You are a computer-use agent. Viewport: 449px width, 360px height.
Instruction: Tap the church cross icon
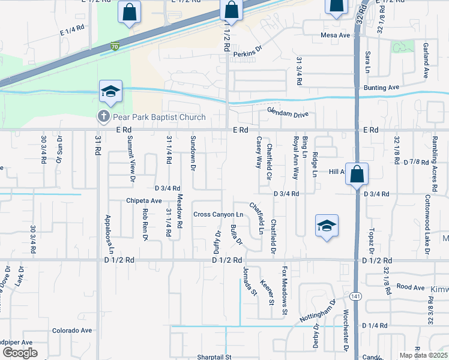coord(103,116)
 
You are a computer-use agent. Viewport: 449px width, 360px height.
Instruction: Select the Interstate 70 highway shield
coord(115,46)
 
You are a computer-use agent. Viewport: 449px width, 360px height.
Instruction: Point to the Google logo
coord(20,353)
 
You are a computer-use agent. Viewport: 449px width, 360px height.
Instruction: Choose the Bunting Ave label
coord(381,88)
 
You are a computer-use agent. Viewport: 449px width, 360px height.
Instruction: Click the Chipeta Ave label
coord(144,200)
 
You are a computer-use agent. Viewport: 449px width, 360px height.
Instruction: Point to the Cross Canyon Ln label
coord(218,215)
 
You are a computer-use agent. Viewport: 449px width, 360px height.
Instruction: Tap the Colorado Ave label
coord(72,331)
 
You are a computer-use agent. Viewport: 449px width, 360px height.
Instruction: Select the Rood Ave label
coord(411,287)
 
